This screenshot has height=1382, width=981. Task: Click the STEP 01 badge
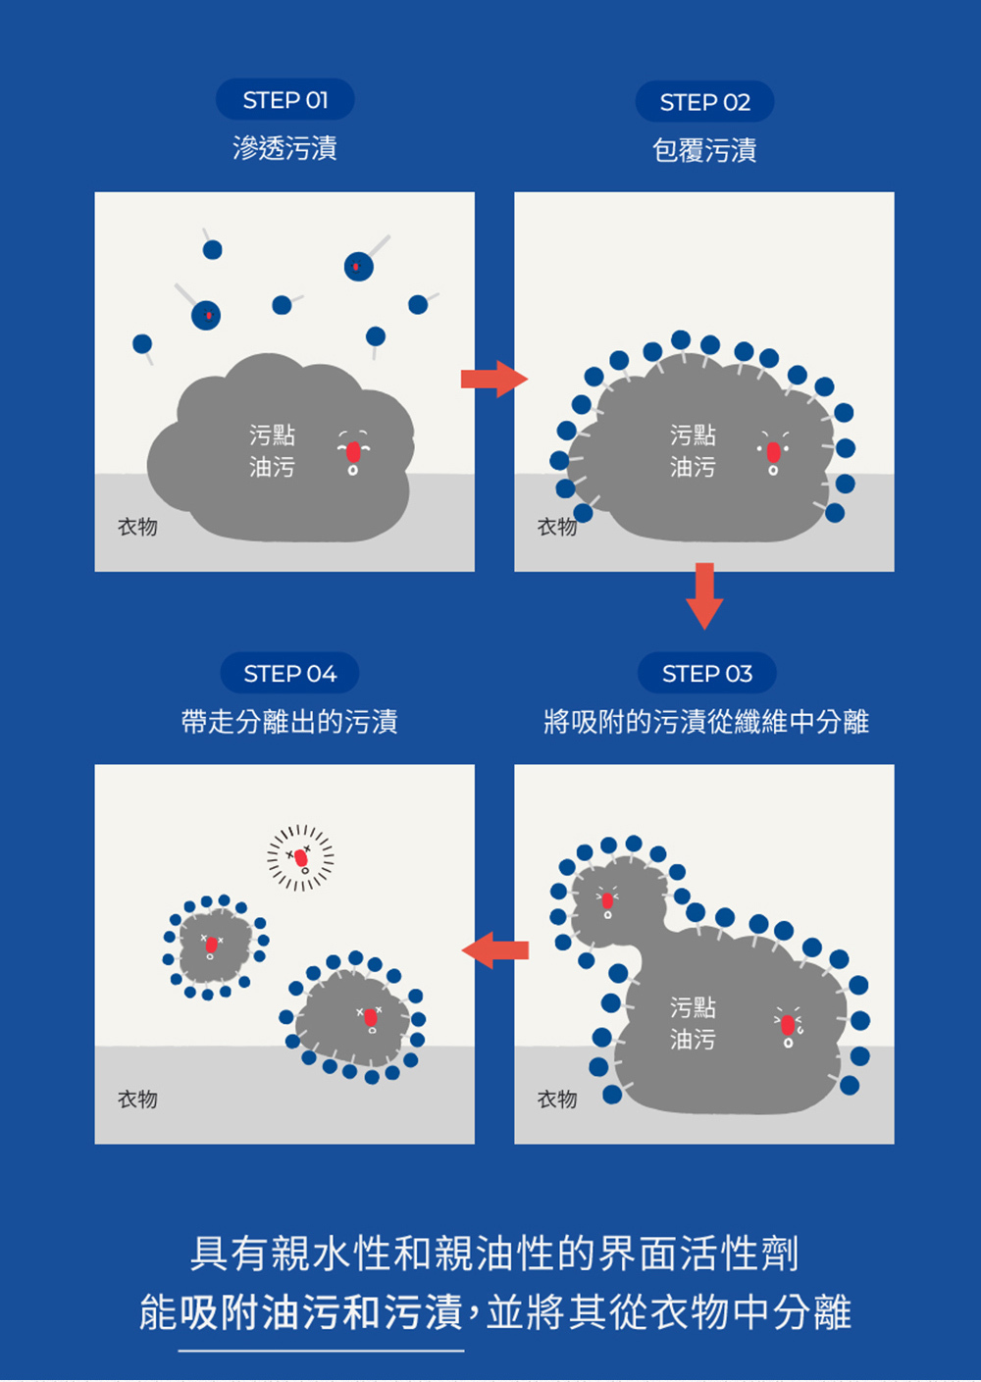pyautogui.click(x=284, y=100)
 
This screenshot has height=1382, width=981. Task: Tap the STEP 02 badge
pyautogui.click(x=704, y=102)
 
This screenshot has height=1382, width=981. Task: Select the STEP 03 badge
pyautogui.click(x=706, y=674)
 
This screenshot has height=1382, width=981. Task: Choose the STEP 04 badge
pyautogui.click(x=289, y=674)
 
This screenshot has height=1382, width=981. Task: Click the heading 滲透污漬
pyautogui.click(x=284, y=148)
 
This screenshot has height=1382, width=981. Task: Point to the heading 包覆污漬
pyautogui.click(x=704, y=150)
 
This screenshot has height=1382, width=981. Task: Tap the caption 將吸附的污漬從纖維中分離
pyautogui.click(x=705, y=722)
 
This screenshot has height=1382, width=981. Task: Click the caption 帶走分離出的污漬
pyautogui.click(x=289, y=722)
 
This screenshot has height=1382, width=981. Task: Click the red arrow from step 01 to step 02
pyautogui.click(x=493, y=379)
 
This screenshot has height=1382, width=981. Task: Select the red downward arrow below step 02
pyautogui.click(x=704, y=594)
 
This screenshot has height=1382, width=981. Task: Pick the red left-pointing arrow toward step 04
pyautogui.click(x=495, y=950)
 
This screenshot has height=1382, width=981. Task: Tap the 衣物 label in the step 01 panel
pyautogui.click(x=137, y=527)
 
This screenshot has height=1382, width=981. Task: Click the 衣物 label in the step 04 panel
pyautogui.click(x=137, y=1100)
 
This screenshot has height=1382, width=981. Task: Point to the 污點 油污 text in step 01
pyautogui.click(x=272, y=450)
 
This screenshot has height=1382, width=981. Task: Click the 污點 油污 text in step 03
pyautogui.click(x=693, y=1023)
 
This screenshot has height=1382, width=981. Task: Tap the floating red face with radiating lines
pyautogui.click(x=301, y=858)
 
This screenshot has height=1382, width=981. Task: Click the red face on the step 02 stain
pyautogui.click(x=773, y=452)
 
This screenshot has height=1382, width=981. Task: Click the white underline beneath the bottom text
pyautogui.click(x=321, y=1351)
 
